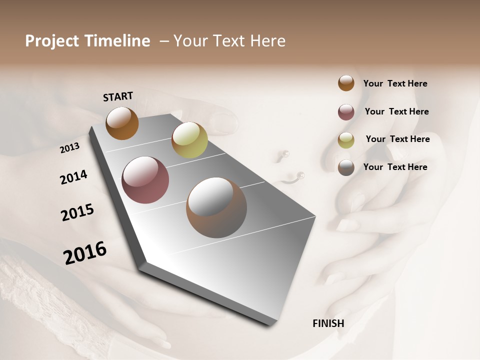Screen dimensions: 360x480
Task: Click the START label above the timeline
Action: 118,96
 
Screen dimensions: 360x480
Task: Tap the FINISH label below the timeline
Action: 328,323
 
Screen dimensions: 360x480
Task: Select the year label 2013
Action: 70,148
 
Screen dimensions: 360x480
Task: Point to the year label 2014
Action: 73,177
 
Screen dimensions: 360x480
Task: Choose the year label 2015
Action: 77,212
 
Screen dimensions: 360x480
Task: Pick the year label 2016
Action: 85,253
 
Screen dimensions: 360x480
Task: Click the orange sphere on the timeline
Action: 122,123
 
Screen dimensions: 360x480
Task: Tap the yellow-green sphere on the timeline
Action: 189,140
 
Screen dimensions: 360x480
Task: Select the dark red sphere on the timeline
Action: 145,180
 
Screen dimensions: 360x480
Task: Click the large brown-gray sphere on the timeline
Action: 216,207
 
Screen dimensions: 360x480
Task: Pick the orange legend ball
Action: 346,83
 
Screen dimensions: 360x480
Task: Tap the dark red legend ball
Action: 346,112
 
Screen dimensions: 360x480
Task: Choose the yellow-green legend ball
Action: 346,140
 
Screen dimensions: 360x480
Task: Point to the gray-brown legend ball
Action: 346,167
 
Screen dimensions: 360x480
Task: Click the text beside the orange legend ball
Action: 395,83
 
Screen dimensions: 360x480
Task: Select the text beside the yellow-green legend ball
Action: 397,139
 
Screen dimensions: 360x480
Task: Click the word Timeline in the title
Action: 118,41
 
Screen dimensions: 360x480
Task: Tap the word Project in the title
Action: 51,41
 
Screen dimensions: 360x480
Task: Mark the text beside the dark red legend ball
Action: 396,111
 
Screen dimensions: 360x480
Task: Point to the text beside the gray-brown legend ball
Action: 395,167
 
